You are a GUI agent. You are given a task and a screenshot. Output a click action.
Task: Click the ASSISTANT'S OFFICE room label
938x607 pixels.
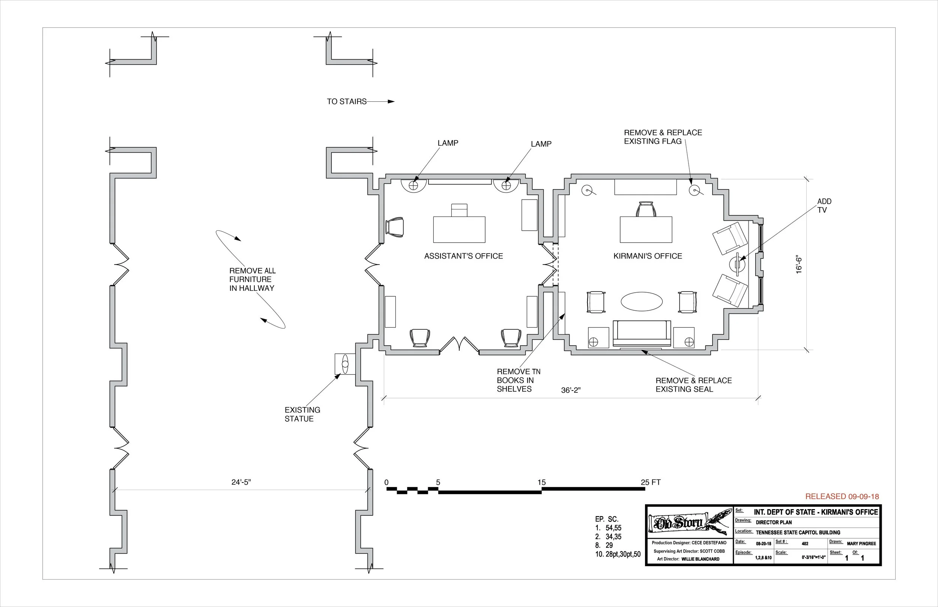click(x=463, y=256)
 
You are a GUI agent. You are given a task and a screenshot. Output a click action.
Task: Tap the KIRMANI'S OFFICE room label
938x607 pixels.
click(x=648, y=256)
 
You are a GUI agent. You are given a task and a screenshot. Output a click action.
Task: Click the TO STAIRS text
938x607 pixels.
click(x=346, y=102)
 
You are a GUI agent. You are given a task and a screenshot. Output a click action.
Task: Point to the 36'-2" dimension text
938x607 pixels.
click(x=571, y=390)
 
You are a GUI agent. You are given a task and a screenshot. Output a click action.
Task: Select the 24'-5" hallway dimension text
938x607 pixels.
click(x=241, y=482)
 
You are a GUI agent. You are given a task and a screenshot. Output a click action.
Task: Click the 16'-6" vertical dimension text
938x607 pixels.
click(x=799, y=265)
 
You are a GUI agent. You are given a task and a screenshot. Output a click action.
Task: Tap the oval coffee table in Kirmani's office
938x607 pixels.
click(x=642, y=302)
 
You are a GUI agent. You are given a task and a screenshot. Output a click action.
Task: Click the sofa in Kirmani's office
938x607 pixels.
click(x=642, y=334)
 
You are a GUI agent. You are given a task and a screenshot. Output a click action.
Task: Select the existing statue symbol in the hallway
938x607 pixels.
click(x=345, y=364)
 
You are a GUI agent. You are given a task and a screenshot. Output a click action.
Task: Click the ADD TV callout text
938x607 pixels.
click(x=824, y=206)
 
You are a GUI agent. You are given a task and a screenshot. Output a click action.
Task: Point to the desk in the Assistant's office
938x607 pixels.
click(x=459, y=229)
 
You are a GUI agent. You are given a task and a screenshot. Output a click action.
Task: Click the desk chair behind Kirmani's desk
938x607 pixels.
click(x=646, y=209)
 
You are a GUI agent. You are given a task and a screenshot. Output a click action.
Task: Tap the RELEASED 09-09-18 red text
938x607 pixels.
click(x=842, y=497)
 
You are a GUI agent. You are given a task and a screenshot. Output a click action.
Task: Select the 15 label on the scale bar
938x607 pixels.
click(x=541, y=482)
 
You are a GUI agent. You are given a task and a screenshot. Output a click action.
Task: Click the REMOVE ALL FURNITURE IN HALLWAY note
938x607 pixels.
click(x=252, y=279)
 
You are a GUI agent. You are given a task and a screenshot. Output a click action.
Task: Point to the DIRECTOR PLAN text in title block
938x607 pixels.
click(x=773, y=523)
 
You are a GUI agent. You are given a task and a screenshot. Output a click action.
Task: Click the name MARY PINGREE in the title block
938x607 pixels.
click(x=861, y=544)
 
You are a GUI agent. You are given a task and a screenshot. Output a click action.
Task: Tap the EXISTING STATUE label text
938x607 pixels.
click(x=302, y=414)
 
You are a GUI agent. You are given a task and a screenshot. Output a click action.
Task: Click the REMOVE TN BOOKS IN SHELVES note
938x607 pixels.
click(x=518, y=380)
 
